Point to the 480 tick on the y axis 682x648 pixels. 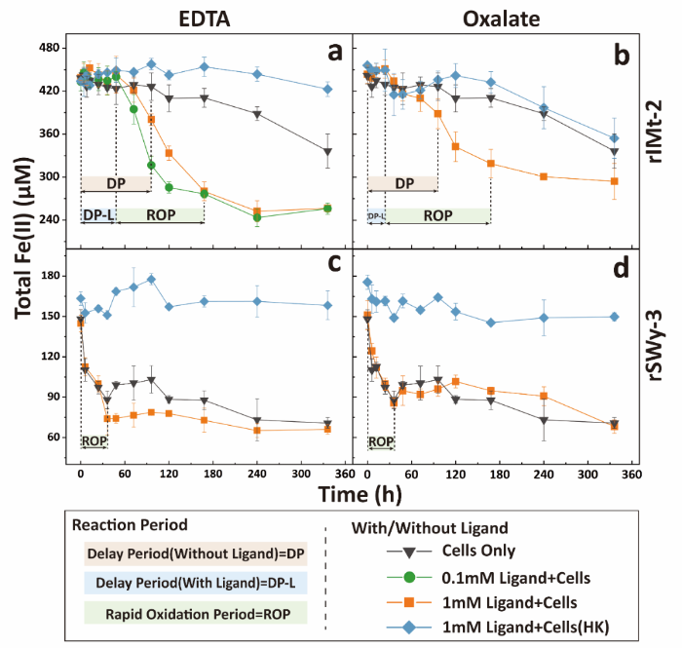pyautogui.click(x=52, y=48)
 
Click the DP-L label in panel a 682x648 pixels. pyautogui.click(x=98, y=214)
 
